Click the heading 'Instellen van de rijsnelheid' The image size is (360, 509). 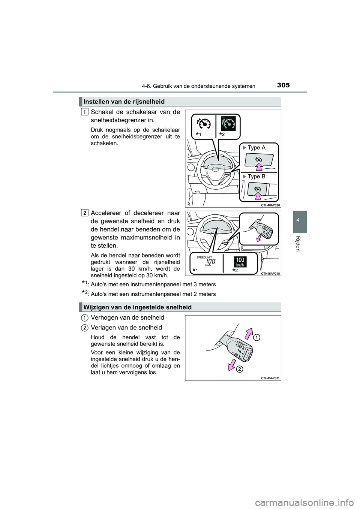[124, 101]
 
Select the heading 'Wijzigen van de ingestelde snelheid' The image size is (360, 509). [138, 307]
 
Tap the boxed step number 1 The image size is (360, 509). [85, 112]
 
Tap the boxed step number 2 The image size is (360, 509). [85, 213]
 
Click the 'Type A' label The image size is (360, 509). [256, 148]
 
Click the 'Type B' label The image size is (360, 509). [256, 177]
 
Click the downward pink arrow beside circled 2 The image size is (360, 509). [232, 365]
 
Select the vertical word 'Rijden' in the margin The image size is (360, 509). [298, 244]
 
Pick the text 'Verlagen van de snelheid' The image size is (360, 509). [126, 328]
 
